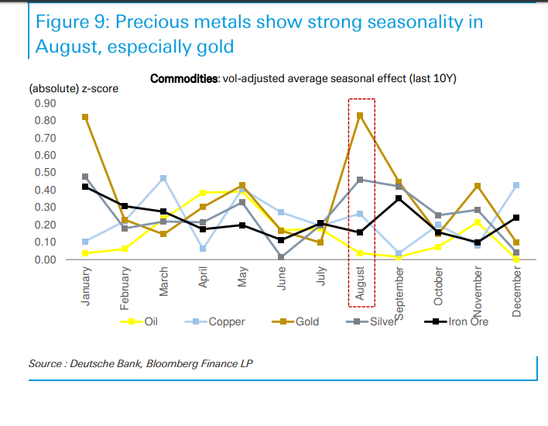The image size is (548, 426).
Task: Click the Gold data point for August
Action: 360,115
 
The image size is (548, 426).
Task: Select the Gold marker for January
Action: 85,117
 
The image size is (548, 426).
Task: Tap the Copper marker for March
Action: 164,178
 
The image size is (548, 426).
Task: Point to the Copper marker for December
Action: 516,185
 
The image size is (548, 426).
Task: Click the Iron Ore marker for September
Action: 399,198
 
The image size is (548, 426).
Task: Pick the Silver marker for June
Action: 282,257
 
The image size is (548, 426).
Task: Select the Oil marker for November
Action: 478,222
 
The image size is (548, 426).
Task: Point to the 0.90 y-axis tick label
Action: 45,103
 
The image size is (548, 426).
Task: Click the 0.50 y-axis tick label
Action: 45,173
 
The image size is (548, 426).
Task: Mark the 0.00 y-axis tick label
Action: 45,259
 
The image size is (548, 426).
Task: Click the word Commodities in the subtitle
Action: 184,79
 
